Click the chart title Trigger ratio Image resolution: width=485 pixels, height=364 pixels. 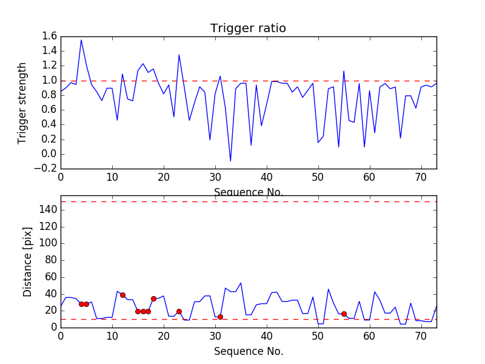click(x=248, y=29)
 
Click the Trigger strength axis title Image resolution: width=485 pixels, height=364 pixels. click(x=22, y=103)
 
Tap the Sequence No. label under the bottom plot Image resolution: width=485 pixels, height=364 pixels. click(x=248, y=351)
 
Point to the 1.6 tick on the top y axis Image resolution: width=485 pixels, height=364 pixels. click(x=50, y=36)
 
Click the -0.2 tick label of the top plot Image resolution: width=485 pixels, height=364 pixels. click(x=47, y=169)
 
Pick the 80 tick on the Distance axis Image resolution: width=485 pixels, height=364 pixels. click(x=49, y=260)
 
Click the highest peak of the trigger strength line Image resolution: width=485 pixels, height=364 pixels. click(x=81, y=40)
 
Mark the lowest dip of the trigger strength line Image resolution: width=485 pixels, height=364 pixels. click(x=230, y=161)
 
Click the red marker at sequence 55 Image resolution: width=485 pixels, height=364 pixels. click(x=344, y=314)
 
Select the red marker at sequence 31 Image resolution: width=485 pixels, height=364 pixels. click(x=220, y=317)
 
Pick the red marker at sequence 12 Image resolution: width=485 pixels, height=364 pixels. click(x=122, y=295)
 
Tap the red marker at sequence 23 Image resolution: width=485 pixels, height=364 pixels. click(x=179, y=311)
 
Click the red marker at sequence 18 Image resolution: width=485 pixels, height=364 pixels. click(x=153, y=298)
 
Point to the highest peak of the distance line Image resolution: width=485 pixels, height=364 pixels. click(x=241, y=283)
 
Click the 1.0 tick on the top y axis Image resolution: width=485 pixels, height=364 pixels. click(x=50, y=81)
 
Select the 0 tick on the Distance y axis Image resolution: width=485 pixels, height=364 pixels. click(x=54, y=327)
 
